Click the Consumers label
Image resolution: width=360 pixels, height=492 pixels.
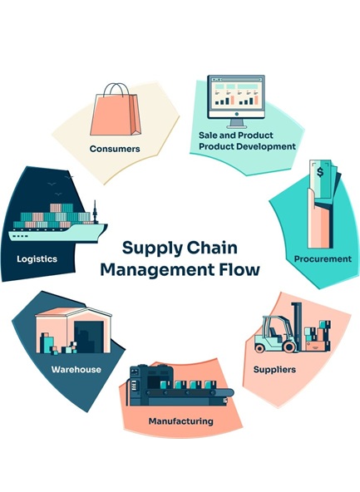(115, 149)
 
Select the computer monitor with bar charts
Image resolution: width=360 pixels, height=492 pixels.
(236, 101)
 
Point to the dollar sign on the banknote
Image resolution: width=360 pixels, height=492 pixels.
(320, 172)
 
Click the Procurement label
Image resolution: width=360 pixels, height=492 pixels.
(323, 259)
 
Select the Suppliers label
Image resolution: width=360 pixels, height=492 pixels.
(274, 370)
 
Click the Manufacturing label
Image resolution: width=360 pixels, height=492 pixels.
(180, 421)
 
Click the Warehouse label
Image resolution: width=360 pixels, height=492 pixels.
(76, 369)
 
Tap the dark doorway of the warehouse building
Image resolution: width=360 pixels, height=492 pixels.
(88, 337)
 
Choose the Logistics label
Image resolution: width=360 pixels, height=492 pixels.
(37, 259)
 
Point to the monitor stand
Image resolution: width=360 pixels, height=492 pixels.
(236, 123)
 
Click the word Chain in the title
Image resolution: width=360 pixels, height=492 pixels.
(213, 248)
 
